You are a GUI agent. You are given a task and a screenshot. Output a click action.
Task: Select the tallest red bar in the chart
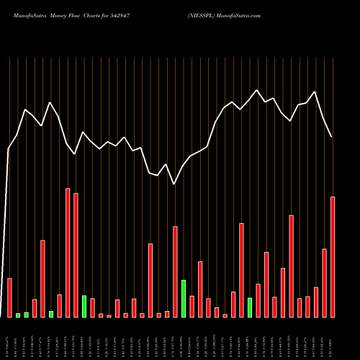click(x=68, y=252)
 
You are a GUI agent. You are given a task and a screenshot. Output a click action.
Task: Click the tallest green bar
click(x=184, y=298)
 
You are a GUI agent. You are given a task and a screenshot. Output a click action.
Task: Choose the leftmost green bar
click(x=18, y=315)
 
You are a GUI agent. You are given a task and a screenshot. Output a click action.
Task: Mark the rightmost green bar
click(x=250, y=307)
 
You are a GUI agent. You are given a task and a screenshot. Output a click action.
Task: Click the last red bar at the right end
click(x=333, y=256)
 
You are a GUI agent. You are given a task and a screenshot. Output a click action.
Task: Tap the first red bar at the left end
click(x=9, y=297)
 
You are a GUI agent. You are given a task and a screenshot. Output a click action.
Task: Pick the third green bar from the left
click(x=51, y=314)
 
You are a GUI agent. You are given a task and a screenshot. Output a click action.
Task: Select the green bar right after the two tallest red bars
click(x=84, y=306)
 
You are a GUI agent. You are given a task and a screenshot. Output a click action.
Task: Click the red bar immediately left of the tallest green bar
click(x=175, y=271)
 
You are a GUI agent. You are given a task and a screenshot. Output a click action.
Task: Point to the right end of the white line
click(x=331, y=137)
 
